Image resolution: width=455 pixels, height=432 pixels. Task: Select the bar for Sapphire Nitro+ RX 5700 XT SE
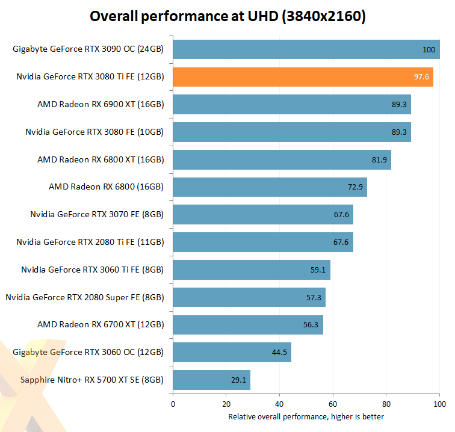[x=211, y=380]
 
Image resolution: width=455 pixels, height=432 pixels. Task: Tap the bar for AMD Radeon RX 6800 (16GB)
[x=270, y=187]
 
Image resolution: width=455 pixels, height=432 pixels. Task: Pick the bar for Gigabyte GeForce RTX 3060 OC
[x=232, y=353]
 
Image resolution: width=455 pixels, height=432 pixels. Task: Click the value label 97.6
[x=421, y=77]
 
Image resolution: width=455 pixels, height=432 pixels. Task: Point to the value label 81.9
[x=379, y=159]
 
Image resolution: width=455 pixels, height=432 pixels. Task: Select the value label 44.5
[x=279, y=353]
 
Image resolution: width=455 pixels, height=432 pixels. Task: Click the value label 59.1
[x=318, y=270]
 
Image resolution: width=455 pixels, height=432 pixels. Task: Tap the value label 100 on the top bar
[x=428, y=49]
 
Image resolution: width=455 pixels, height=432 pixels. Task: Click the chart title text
[x=227, y=16]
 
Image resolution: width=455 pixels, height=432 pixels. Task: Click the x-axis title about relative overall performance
[x=306, y=416]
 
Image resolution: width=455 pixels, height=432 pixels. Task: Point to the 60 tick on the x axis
[x=333, y=404]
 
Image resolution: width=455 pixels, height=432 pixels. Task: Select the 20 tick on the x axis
[x=226, y=404]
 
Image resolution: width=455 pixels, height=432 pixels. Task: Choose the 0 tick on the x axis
[x=173, y=404]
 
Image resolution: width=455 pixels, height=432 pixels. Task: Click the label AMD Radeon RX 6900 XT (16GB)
[x=101, y=104]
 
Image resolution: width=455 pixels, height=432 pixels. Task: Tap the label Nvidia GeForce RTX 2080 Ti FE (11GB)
[x=90, y=242]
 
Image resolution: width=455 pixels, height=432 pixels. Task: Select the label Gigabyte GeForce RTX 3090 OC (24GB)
[x=88, y=49]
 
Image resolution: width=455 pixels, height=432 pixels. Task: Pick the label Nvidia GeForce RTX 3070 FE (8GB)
[x=97, y=215]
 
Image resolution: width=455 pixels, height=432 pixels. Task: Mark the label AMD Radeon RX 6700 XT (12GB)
[x=101, y=325]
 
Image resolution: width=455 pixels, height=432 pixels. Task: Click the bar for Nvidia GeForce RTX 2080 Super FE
[x=249, y=297]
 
